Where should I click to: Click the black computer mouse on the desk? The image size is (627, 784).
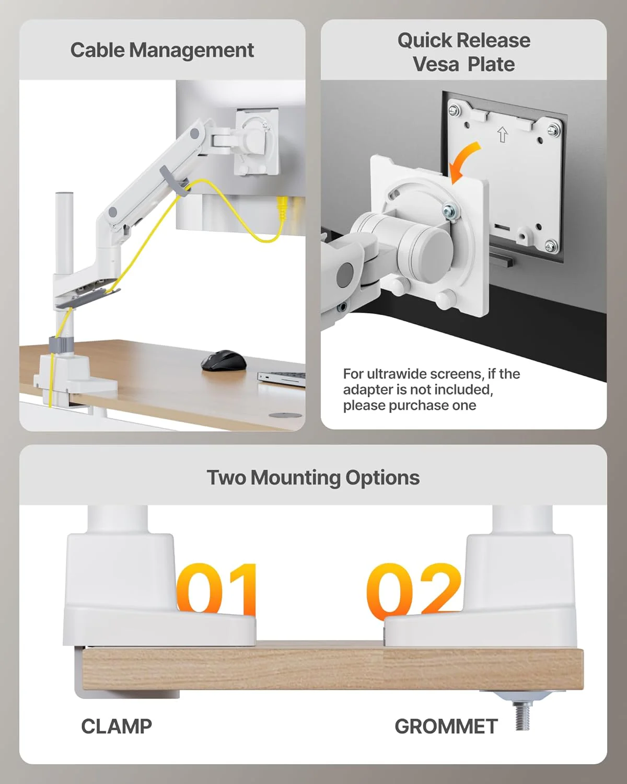click(x=224, y=361)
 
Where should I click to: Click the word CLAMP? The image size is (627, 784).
click(x=117, y=726)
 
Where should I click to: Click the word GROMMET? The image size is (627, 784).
click(x=446, y=726)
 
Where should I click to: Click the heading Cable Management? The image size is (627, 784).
click(x=162, y=50)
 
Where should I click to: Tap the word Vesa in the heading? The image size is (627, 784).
click(x=435, y=64)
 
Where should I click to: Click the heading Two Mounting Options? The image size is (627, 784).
click(x=313, y=477)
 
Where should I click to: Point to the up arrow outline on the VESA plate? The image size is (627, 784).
click(x=503, y=135)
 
